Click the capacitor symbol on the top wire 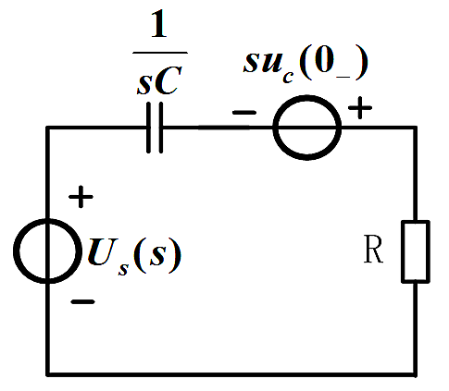pyautogui.click(x=155, y=128)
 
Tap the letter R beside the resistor pyautogui.click(x=373, y=249)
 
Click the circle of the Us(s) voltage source pyautogui.click(x=14, y=250)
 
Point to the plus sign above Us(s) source pyautogui.click(x=81, y=197)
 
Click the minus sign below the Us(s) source pyautogui.click(x=82, y=302)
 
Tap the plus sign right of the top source pyautogui.click(x=360, y=107)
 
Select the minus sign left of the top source pyautogui.click(x=244, y=113)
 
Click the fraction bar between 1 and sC pyautogui.click(x=160, y=53)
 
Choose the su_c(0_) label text pyautogui.click(x=306, y=67)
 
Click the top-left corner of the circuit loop pyautogui.click(x=47, y=128)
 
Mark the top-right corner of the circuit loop pyautogui.click(x=415, y=128)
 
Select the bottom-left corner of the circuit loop pyautogui.click(x=47, y=374)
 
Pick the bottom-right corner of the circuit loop pyautogui.click(x=415, y=374)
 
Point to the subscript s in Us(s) pyautogui.click(x=123, y=269)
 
